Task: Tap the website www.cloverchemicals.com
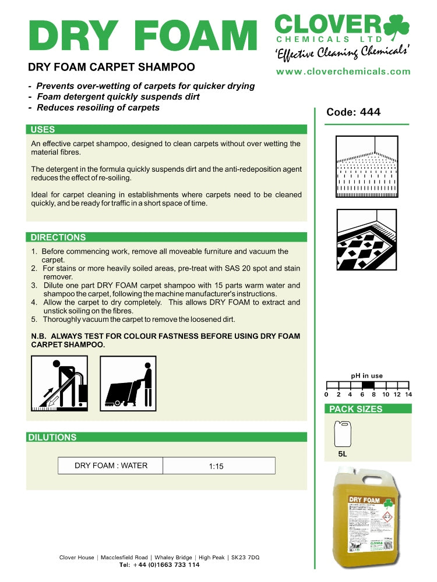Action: (343, 72)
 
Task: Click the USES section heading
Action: (43, 130)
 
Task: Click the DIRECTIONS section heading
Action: (58, 237)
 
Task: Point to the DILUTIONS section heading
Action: (52, 438)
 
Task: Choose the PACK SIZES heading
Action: (355, 409)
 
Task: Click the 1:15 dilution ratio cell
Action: (216, 466)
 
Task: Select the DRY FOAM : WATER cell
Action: (111, 466)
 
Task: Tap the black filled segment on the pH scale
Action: (368, 385)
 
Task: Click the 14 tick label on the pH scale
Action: (408, 395)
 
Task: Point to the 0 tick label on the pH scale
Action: (326, 395)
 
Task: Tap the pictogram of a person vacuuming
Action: (59, 384)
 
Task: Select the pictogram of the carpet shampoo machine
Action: (128, 384)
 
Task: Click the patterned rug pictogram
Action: (366, 240)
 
